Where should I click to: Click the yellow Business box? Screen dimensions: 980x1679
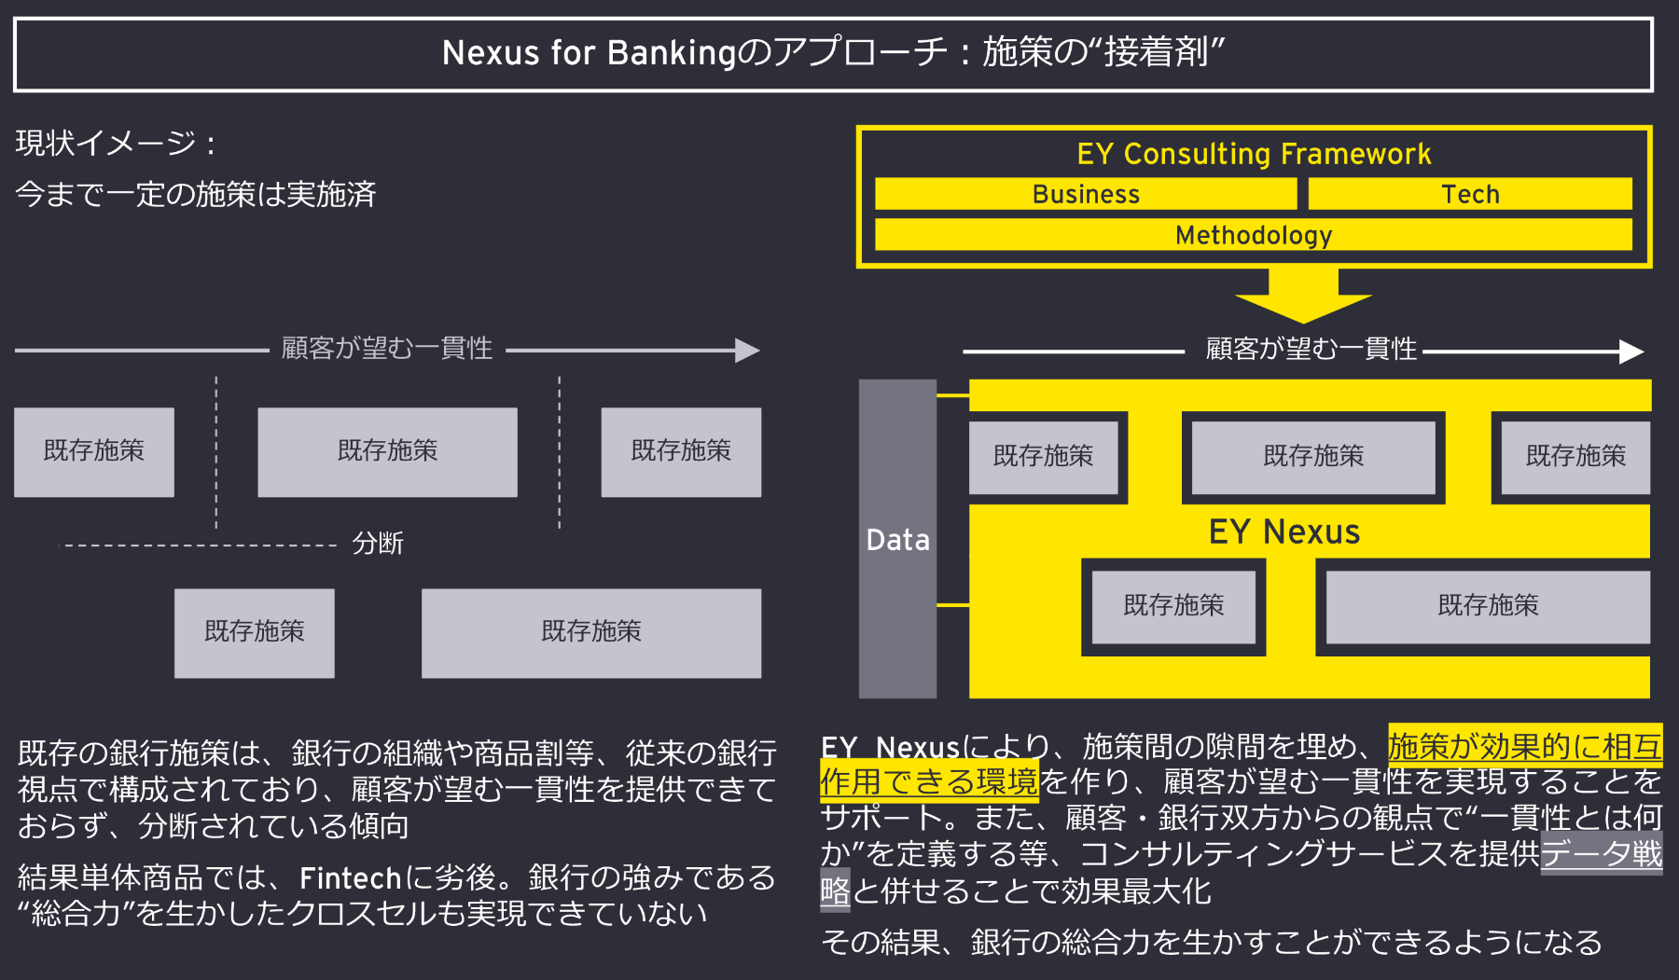[x=1086, y=194]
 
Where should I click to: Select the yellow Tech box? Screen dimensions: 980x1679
[x=1470, y=194]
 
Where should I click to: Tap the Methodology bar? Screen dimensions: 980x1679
[x=1254, y=235]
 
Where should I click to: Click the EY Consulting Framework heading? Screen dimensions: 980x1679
[x=1254, y=154]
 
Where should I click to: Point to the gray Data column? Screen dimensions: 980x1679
[x=897, y=539]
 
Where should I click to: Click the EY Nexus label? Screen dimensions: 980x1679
[x=1284, y=531]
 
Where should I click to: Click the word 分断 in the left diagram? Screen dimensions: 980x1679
[x=378, y=544]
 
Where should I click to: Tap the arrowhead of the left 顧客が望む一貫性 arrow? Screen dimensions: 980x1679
[x=748, y=351]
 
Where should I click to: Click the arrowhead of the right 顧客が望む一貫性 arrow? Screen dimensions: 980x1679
[x=1631, y=352]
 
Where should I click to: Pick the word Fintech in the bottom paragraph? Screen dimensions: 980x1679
[x=350, y=878]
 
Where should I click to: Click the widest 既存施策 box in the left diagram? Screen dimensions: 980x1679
[x=591, y=632]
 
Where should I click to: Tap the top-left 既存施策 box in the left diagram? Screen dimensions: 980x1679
[x=94, y=451]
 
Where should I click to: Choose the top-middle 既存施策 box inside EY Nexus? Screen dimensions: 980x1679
[x=1313, y=457]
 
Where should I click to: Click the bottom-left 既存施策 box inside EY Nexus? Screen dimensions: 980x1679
[x=1173, y=606]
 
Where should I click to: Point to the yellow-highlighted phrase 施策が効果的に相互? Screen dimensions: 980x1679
[x=1524, y=747]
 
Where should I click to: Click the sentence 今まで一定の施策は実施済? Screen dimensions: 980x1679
[x=196, y=194]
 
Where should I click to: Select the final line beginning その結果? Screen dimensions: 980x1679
[x=1211, y=943]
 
